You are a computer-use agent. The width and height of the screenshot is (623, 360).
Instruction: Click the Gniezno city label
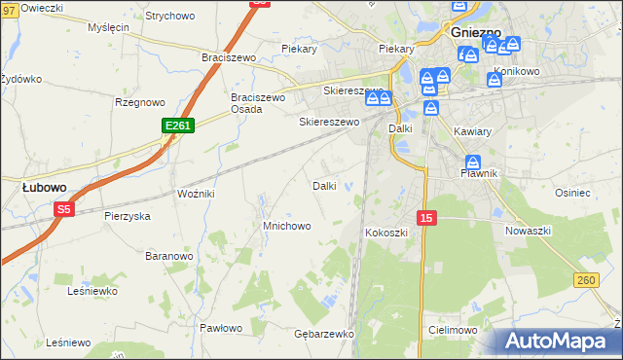pyautogui.click(x=476, y=31)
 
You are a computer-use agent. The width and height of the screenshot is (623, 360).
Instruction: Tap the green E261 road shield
pyautogui.click(x=178, y=126)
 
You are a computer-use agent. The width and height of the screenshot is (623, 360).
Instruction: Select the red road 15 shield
pyautogui.click(x=426, y=219)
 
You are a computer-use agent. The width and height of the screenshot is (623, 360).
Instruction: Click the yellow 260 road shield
pyautogui.click(x=585, y=281)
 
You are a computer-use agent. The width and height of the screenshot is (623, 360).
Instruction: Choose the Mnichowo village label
pyautogui.click(x=287, y=226)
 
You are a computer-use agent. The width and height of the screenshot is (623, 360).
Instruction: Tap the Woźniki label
pyautogui.click(x=196, y=195)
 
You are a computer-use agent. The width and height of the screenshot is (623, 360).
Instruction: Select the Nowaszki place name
pyautogui.click(x=529, y=231)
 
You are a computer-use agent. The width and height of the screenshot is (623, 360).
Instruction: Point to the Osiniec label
pyautogui.click(x=600, y=193)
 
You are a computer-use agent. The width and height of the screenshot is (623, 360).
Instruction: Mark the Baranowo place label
pyautogui.click(x=168, y=256)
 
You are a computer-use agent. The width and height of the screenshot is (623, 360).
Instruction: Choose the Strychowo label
pyautogui.click(x=169, y=17)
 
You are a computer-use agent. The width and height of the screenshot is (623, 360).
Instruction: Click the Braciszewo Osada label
pyautogui.click(x=258, y=103)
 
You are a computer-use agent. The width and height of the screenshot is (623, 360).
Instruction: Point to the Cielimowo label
pyautogui.click(x=451, y=331)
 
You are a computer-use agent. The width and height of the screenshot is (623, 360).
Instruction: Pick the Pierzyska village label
pyautogui.click(x=128, y=216)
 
